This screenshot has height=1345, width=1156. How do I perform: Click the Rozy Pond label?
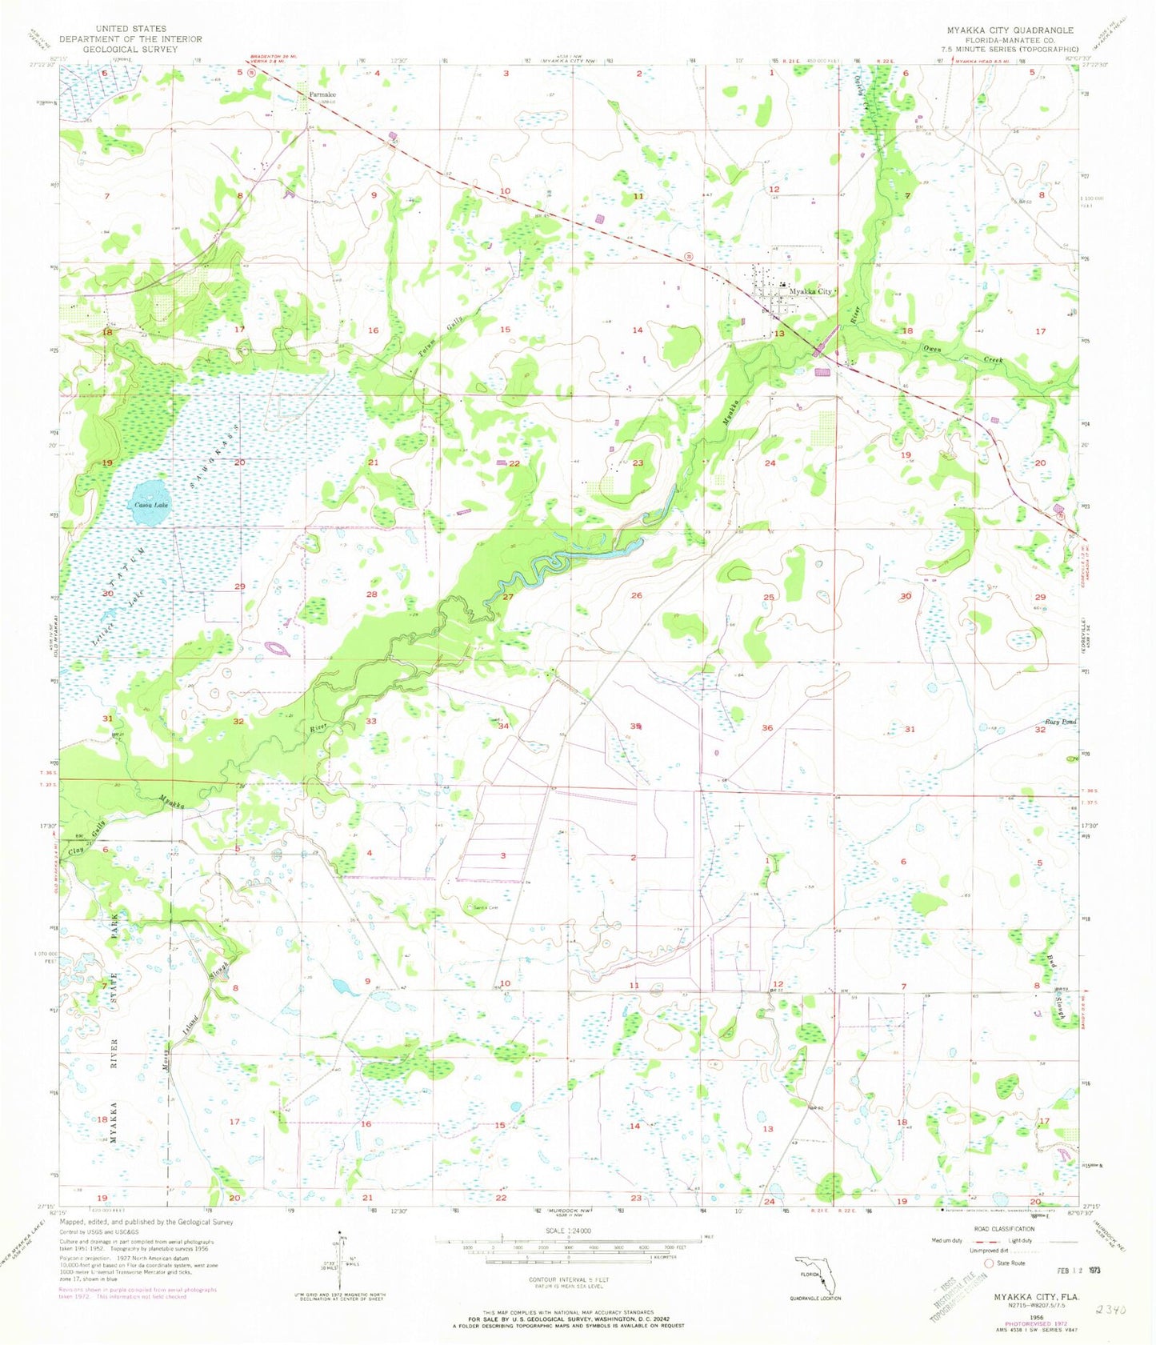pyautogui.click(x=1059, y=722)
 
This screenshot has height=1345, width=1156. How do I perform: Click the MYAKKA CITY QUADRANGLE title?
pyautogui.click(x=1010, y=30)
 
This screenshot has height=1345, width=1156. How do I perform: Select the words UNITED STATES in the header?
pyautogui.click(x=130, y=29)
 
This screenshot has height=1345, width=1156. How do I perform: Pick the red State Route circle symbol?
pyautogui.click(x=990, y=1263)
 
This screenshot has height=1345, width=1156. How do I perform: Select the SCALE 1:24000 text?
pyautogui.click(x=567, y=1229)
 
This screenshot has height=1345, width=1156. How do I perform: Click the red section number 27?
pyautogui.click(x=508, y=597)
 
